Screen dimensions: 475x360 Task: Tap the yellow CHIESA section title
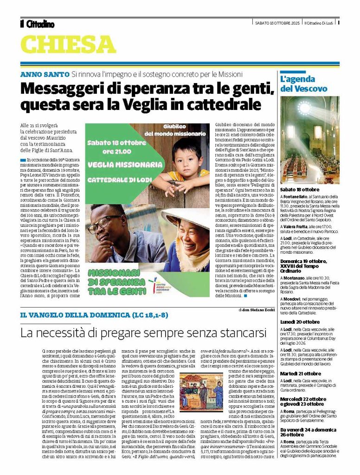point(68,45)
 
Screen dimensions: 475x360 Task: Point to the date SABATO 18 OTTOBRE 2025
point(278,23)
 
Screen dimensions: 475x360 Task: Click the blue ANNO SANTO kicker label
point(45,74)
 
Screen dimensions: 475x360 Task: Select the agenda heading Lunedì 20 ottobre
point(300,321)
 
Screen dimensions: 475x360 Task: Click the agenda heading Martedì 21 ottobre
point(300,373)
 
